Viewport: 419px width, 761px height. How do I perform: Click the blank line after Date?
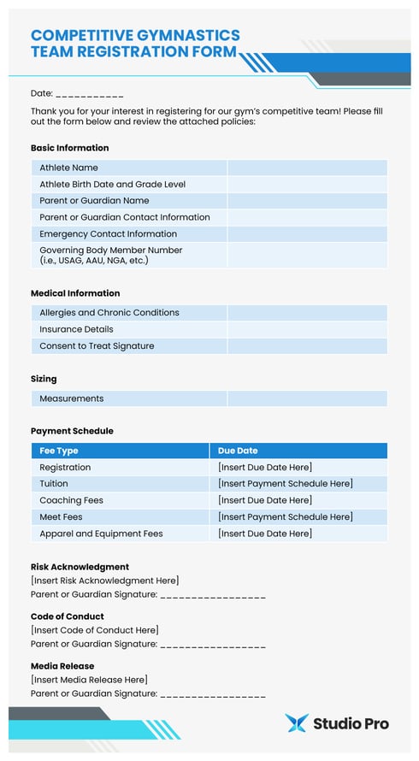(x=90, y=94)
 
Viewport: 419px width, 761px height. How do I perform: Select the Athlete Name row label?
(x=68, y=168)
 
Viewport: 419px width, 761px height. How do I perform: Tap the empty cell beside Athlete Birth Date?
(x=306, y=184)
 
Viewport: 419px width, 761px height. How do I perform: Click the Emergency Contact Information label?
(x=108, y=233)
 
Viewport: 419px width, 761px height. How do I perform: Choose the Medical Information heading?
(x=75, y=293)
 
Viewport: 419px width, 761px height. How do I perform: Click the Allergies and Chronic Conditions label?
(x=109, y=313)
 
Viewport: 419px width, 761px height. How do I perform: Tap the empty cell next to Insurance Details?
(x=306, y=329)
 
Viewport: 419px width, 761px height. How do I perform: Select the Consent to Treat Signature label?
(x=97, y=346)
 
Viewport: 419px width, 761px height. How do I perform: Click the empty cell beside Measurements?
(x=306, y=398)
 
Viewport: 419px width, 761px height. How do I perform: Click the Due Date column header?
(x=238, y=451)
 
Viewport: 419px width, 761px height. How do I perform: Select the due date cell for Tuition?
(x=285, y=484)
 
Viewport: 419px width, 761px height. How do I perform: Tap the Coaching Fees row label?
(x=71, y=500)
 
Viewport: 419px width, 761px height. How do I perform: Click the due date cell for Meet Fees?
(x=285, y=516)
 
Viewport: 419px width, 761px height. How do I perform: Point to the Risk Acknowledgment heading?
(x=80, y=567)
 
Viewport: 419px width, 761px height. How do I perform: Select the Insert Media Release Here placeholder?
(x=89, y=680)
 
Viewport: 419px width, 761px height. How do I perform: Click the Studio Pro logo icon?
(x=296, y=723)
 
